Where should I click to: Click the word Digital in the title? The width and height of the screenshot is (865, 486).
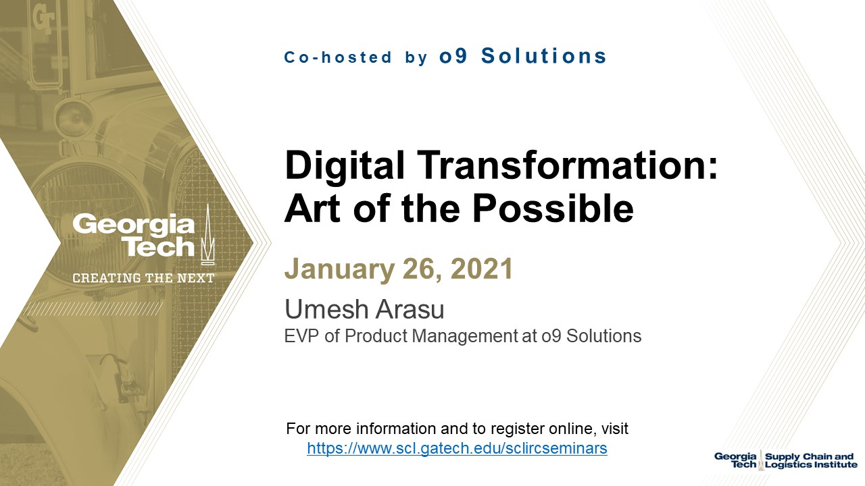345,167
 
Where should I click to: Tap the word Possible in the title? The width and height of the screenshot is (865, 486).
553,209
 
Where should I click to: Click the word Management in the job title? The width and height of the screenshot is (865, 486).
464,336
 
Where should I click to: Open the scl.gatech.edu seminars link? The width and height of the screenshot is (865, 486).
458,448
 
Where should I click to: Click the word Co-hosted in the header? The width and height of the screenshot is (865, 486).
338,57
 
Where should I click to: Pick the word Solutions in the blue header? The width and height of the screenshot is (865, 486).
544,56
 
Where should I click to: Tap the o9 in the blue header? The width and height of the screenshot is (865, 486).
453,56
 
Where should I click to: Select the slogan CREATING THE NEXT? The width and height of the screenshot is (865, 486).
143,278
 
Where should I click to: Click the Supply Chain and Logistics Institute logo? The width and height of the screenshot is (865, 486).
785,460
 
